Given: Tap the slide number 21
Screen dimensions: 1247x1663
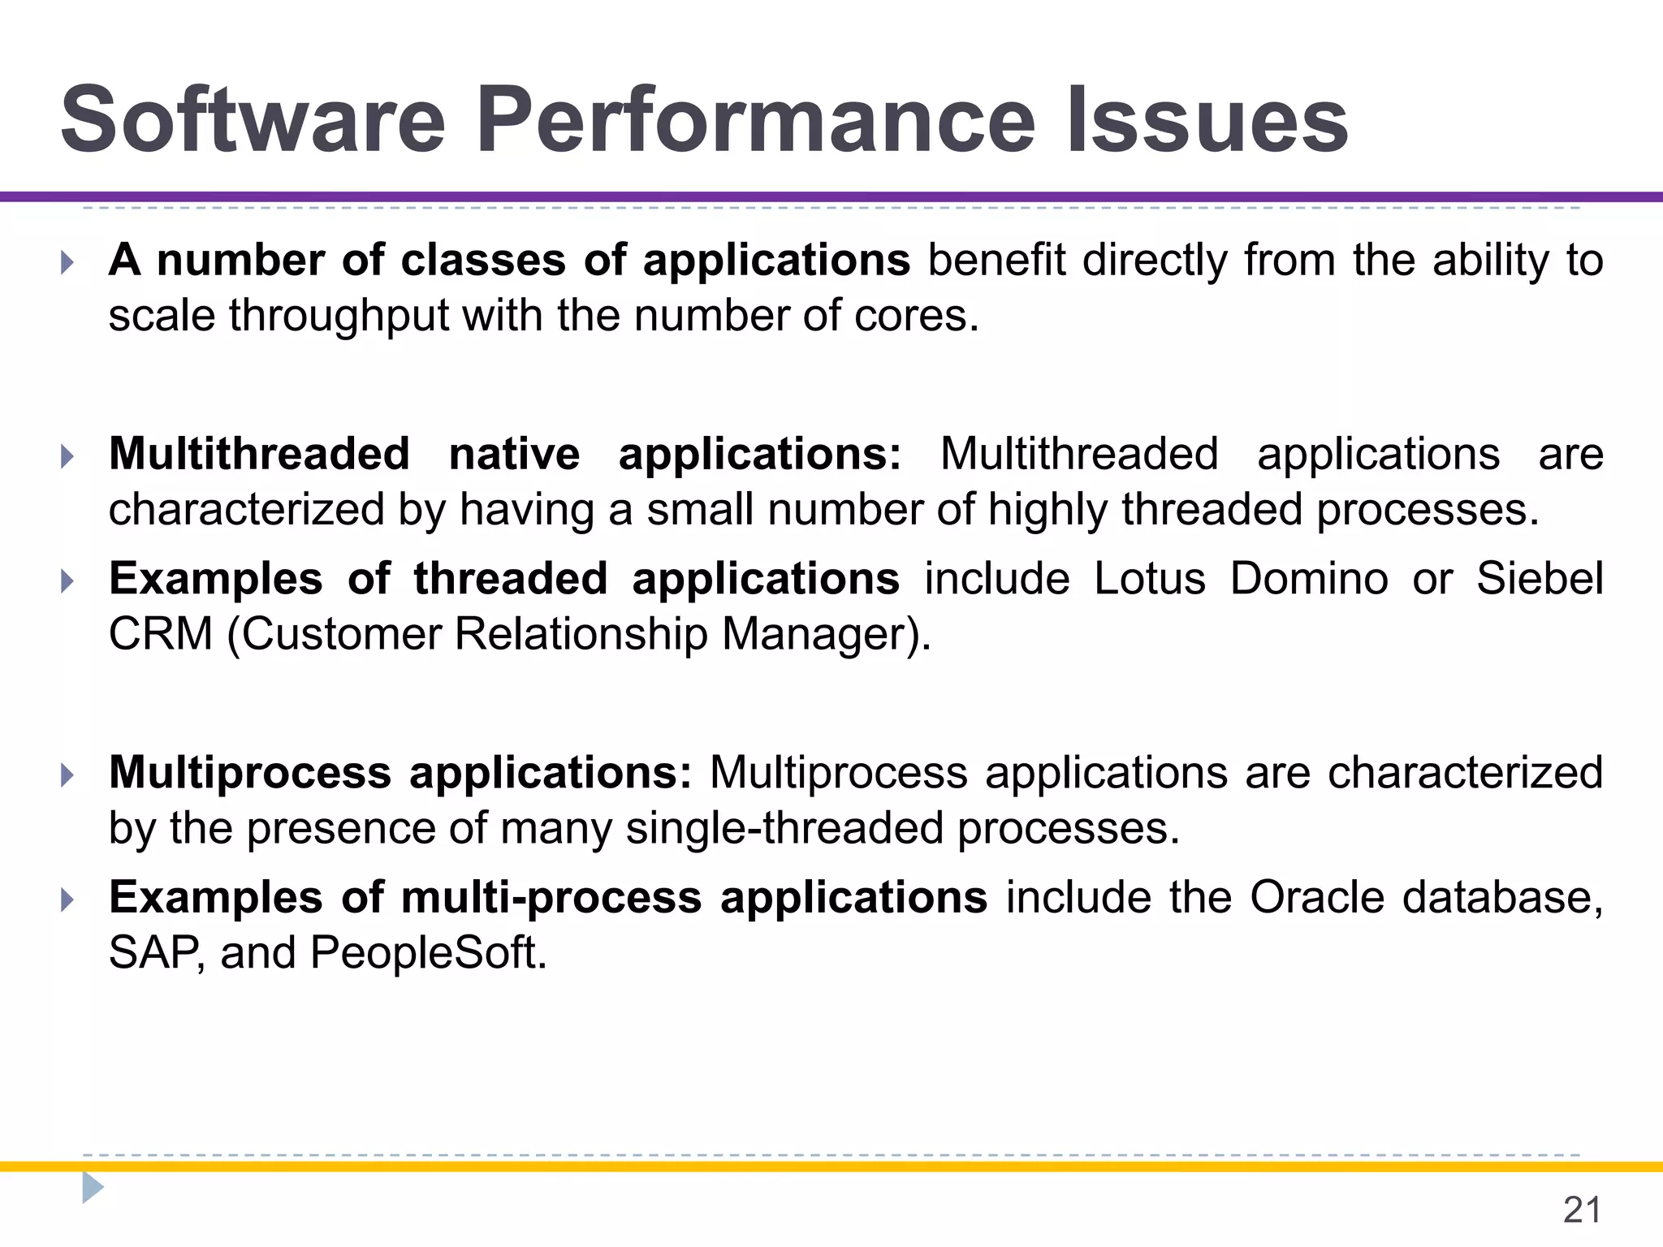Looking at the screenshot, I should pos(1582,1210).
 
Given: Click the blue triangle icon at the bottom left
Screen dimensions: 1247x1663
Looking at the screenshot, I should pos(92,1188).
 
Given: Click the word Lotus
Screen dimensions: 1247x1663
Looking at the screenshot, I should pos(1149,579).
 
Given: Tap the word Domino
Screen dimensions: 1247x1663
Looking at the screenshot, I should pos(1308,579).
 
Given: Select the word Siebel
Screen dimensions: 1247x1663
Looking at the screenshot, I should pos(1539,579).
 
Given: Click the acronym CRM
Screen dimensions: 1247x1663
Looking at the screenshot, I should pos(160,634).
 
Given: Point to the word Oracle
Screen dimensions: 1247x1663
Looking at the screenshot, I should pos(1316,898).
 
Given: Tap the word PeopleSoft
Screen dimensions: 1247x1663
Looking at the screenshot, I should pos(428,953).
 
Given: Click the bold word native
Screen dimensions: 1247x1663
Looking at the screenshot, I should pos(514,454).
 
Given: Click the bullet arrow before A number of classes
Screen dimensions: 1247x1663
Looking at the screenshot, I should pos(67,263).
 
